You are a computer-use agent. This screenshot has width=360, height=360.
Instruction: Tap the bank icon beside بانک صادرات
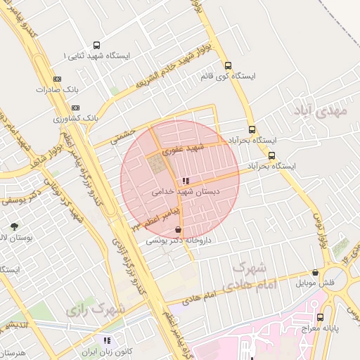tap(57, 79)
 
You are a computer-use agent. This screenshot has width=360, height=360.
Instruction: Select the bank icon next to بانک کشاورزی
tap(75, 108)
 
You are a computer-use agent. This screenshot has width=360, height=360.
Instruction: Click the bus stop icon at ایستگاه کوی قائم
tap(227, 65)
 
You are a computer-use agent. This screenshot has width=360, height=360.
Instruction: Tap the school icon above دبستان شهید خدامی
tap(186, 181)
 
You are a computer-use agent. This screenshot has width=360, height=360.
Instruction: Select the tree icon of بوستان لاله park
tap(14, 226)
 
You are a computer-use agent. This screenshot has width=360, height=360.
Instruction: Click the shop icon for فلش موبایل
tap(315, 273)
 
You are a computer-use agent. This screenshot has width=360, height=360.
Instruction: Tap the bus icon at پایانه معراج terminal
tap(321, 317)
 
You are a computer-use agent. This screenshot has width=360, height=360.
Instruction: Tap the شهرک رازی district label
tap(96, 309)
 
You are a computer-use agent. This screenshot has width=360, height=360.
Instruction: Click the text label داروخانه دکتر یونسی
tap(169, 240)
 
